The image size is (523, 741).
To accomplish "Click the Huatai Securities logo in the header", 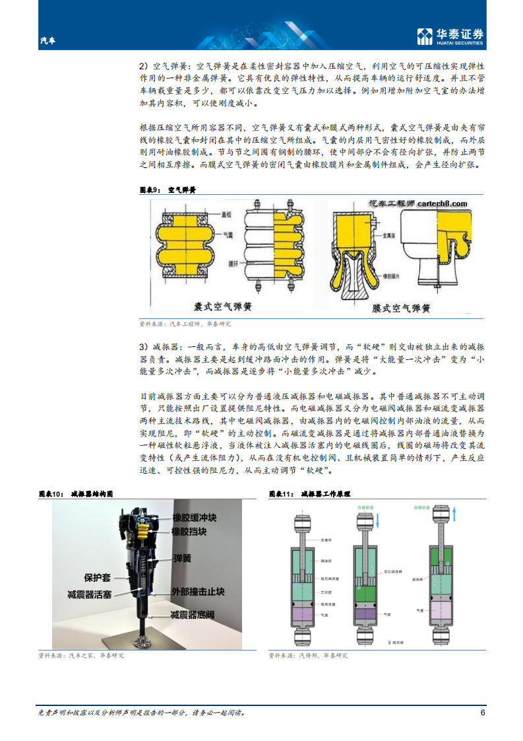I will (x=450, y=37).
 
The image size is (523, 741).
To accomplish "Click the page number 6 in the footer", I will (x=482, y=713).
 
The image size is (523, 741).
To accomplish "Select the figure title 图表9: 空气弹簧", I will (x=168, y=190).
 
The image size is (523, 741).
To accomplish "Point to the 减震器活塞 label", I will (x=95, y=594).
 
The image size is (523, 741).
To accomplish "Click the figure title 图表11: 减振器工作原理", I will (x=309, y=493).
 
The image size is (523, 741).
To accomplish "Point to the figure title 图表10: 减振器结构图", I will (x=76, y=493).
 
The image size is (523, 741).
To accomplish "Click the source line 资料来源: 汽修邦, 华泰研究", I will (x=308, y=655).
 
